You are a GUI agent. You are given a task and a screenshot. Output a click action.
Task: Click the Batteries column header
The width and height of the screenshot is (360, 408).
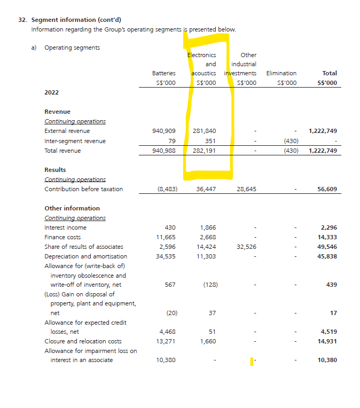tap(163, 73)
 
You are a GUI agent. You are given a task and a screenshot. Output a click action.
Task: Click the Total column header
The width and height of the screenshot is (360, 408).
tap(330, 73)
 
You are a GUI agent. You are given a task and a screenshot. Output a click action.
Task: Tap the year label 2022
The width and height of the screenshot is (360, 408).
tap(52, 92)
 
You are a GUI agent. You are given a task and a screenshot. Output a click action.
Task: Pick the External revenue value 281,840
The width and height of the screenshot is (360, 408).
tap(205, 131)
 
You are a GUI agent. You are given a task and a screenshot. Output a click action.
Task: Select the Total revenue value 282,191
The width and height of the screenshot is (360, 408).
tap(205, 151)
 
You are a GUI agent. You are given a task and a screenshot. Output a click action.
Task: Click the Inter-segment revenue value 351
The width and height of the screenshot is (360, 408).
tap(210, 141)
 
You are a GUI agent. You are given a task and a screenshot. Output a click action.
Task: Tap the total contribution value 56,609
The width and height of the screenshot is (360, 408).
tap(327, 189)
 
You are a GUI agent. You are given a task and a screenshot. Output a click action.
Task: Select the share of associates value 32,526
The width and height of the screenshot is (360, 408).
tap(246, 247)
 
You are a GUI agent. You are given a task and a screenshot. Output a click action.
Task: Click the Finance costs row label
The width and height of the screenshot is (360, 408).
tap(62, 237)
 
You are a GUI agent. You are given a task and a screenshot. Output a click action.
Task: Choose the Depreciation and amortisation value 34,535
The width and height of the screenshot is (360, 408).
tap(166, 256)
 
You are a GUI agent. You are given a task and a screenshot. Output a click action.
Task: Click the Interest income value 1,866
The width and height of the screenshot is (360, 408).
tap(208, 227)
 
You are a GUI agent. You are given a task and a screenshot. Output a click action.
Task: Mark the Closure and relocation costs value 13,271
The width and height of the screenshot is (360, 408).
tap(166, 341)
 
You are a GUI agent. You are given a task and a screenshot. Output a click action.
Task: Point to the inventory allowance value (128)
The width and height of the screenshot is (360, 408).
tap(210, 285)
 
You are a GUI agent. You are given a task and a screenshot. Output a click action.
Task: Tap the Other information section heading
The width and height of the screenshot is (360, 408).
tap(72, 208)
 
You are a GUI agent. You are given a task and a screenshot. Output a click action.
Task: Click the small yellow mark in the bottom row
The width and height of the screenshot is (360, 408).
tap(252, 362)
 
